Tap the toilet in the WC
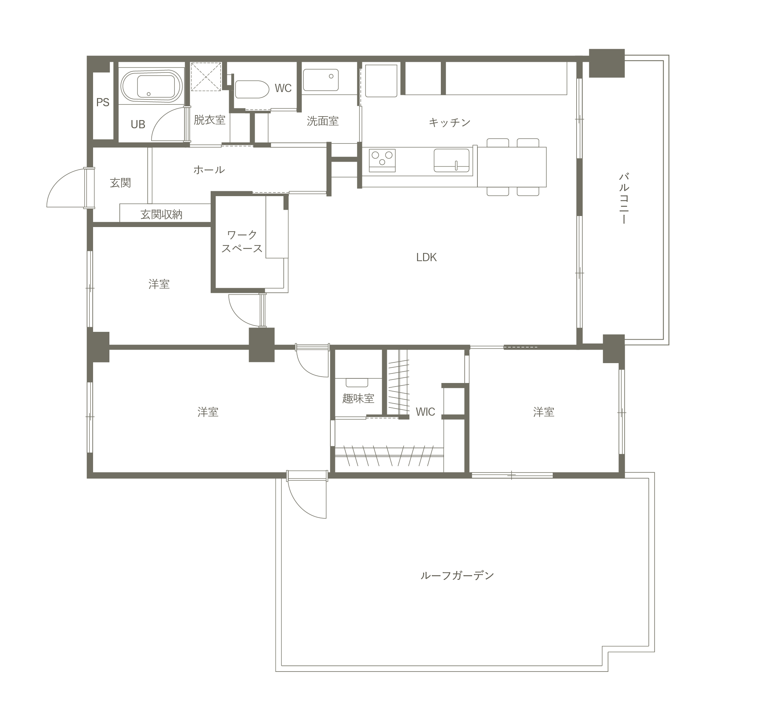click(x=252, y=90)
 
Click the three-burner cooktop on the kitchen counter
click(x=382, y=160)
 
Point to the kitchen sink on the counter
click(x=452, y=160)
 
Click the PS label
click(x=103, y=102)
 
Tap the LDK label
click(x=426, y=257)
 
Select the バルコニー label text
click(x=624, y=198)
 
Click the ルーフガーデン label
click(x=457, y=576)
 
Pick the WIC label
click(x=425, y=412)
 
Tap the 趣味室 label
click(x=358, y=398)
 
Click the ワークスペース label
click(x=242, y=241)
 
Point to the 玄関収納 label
click(x=161, y=214)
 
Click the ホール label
click(x=209, y=169)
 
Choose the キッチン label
click(x=450, y=123)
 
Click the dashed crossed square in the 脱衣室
click(x=206, y=76)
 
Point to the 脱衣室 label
click(x=209, y=120)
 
